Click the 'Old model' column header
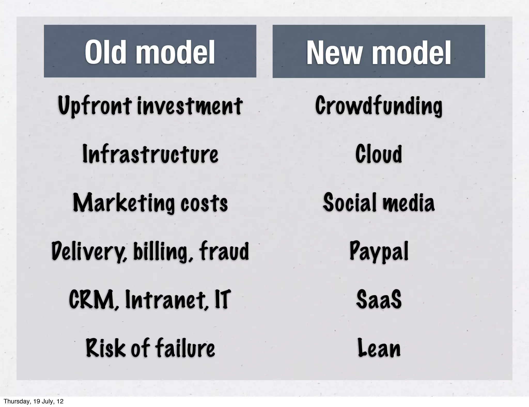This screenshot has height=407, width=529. click(x=150, y=52)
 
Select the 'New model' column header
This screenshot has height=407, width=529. click(x=379, y=52)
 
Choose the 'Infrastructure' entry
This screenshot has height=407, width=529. click(x=150, y=154)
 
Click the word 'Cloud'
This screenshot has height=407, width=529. click(x=379, y=154)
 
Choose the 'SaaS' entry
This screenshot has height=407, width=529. click(x=379, y=300)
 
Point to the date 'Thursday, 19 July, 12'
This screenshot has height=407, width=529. click(x=34, y=401)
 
